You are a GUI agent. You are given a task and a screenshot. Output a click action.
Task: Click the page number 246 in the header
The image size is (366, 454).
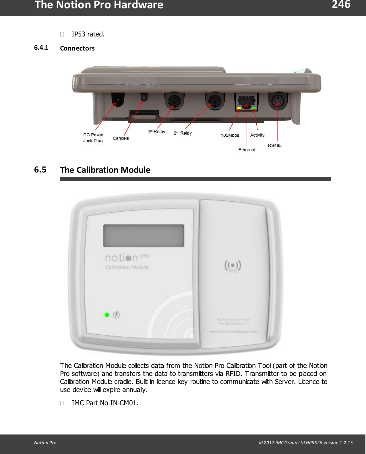(341, 5)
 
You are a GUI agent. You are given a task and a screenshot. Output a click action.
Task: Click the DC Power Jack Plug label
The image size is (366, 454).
(93, 138)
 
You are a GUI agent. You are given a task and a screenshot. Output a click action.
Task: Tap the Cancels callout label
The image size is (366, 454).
(121, 138)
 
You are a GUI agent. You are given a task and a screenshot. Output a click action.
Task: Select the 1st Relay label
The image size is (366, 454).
(157, 132)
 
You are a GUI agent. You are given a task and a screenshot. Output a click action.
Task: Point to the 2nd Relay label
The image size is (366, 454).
(183, 133)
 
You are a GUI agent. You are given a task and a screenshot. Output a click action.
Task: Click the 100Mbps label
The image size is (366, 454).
(230, 135)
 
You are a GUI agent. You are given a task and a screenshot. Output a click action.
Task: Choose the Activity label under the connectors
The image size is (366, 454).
(257, 135)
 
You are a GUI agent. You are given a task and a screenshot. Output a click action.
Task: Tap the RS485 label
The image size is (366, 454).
(274, 145)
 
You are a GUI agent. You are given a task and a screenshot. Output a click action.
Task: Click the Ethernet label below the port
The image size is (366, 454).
(247, 150)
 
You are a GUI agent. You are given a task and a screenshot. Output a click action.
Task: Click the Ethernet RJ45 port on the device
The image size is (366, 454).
(246, 101)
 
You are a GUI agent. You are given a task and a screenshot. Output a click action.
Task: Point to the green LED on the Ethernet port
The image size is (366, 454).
(254, 108)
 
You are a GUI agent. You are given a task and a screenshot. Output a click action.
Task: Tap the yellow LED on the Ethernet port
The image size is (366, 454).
(239, 108)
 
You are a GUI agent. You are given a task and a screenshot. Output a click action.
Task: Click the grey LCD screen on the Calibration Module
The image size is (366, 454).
(144, 236)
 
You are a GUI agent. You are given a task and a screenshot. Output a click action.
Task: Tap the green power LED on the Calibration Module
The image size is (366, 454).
(107, 315)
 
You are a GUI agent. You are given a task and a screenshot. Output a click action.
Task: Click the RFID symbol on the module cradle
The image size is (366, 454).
(233, 266)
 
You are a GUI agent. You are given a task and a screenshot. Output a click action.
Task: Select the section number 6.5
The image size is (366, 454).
(40, 170)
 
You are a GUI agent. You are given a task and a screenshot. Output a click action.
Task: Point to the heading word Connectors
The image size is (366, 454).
(77, 48)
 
